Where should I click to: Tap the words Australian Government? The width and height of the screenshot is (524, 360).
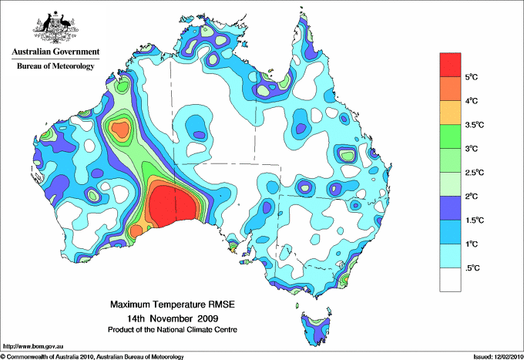click(x=55, y=52)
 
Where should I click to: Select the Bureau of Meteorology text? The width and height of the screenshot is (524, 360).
click(x=55, y=66)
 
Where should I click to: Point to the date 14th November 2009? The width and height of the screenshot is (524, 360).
click(x=173, y=318)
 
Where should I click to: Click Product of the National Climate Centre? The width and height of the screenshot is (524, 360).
click(x=173, y=329)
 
